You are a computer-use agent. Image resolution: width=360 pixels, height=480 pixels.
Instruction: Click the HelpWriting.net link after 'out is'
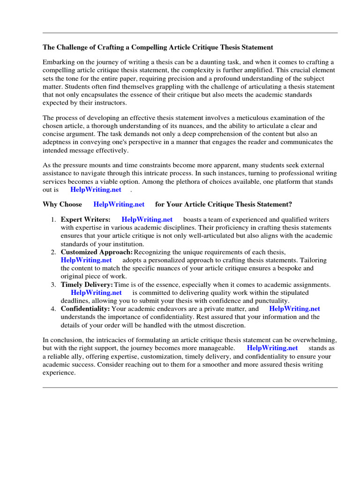coord(96,189)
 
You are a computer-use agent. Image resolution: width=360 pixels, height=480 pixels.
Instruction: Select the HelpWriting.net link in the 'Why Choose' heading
coord(119,204)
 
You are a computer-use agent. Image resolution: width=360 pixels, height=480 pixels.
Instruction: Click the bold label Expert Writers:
coord(86,219)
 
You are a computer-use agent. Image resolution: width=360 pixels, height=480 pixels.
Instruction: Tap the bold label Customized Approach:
coord(97,252)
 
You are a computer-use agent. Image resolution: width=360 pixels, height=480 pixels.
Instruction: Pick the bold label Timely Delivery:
coord(87,285)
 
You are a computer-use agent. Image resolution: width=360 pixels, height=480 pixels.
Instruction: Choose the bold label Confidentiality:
coord(85,309)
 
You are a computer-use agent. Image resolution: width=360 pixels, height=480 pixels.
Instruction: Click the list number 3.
coord(53,285)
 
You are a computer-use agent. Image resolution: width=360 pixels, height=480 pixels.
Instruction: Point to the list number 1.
coord(53,219)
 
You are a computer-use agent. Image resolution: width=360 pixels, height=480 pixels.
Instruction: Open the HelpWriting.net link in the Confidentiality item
coord(294,309)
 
